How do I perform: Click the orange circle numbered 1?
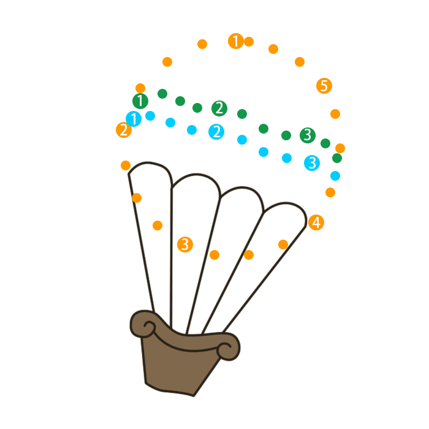(236, 41)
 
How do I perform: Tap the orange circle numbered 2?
(124, 130)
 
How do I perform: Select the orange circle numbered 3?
(184, 245)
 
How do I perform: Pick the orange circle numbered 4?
(316, 222)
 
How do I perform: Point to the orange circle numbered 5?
(324, 86)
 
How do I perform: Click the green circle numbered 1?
(140, 101)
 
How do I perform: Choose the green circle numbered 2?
(219, 108)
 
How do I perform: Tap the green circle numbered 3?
(308, 135)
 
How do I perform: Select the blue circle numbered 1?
(134, 119)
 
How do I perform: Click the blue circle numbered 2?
(216, 132)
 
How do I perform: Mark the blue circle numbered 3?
(312, 163)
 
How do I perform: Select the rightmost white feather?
(270, 245)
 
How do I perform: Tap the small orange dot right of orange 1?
(249, 42)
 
